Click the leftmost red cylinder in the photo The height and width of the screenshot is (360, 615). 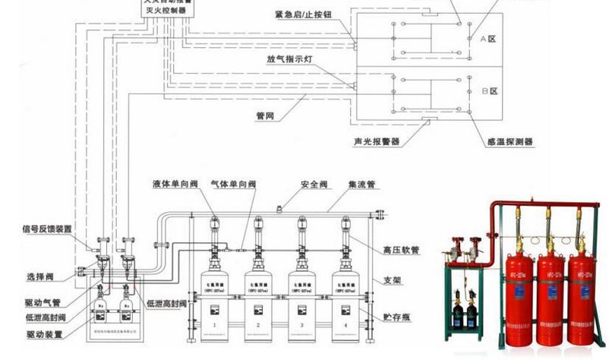coord(519,296)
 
